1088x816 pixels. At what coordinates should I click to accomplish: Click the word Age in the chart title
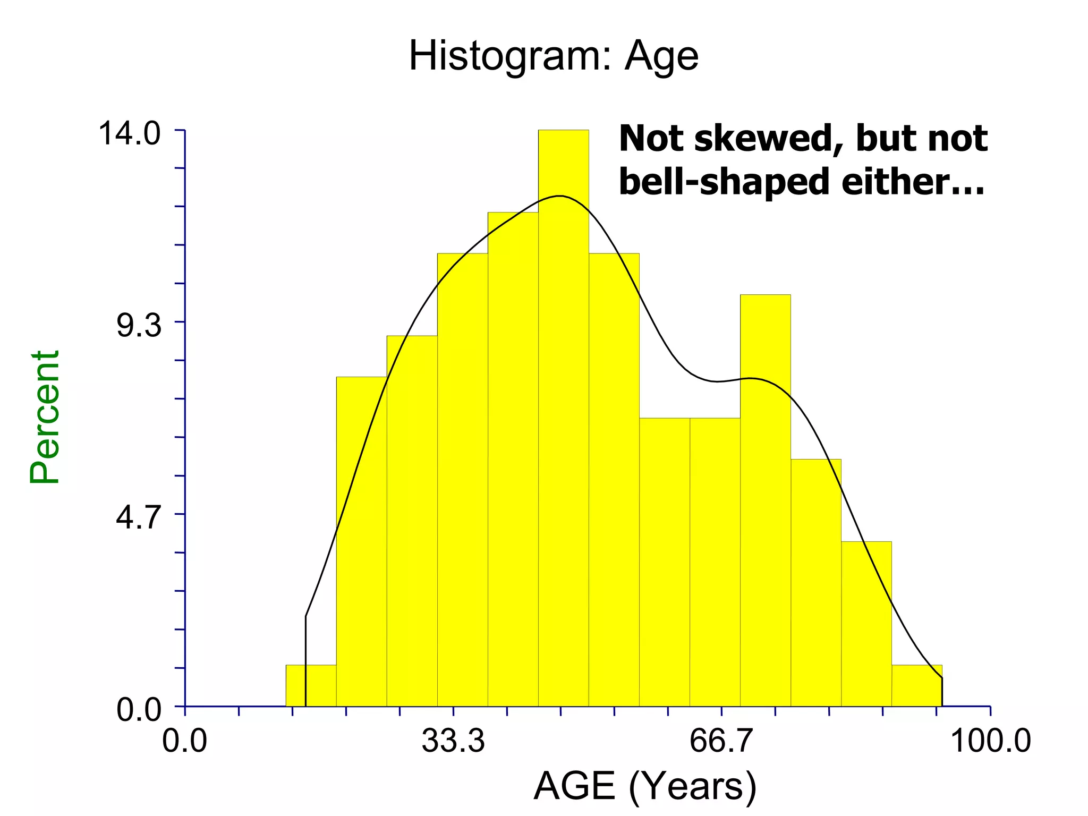coord(661,57)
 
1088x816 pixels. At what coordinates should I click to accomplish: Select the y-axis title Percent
coord(45,417)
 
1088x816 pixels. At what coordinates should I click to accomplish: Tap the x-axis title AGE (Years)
coord(644,786)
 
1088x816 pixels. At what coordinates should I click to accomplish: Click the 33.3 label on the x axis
coord(453,741)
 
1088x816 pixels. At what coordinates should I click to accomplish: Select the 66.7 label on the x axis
coord(721,741)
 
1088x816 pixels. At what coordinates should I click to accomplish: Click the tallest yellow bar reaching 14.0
coord(563,425)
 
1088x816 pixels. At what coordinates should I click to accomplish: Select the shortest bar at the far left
coord(311,685)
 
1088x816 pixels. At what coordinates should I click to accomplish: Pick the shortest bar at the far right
coord(916,685)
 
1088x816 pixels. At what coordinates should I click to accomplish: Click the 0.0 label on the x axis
coord(184,741)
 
